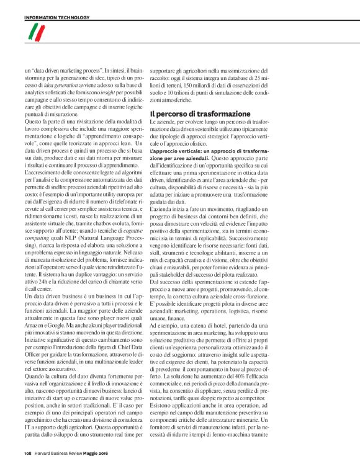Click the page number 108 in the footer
coord(29,454)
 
